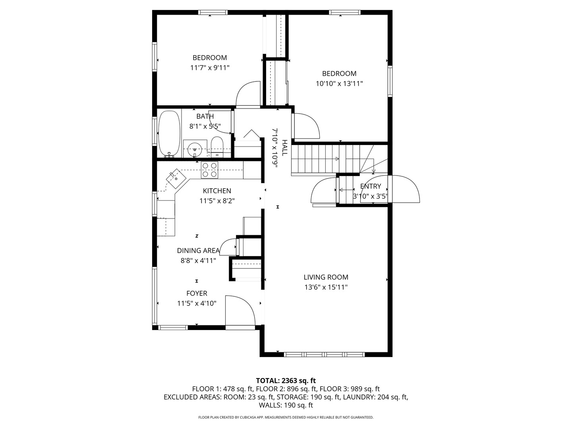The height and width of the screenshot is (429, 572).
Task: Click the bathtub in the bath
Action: [169, 134]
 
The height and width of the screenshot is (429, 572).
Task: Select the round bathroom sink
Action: [195, 149]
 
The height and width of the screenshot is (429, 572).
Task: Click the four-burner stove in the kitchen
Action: [209, 170]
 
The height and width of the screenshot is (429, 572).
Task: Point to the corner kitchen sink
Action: [176, 178]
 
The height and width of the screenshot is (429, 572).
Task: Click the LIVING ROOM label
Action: [326, 277]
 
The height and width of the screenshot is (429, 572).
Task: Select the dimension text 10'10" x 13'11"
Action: [339, 84]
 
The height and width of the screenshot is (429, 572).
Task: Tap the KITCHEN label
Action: [217, 191]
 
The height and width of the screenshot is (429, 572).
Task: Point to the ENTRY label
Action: [370, 186]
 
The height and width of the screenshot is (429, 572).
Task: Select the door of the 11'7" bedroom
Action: [247, 94]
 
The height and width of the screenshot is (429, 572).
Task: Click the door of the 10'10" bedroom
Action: [306, 126]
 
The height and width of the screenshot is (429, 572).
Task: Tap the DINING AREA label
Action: [198, 251]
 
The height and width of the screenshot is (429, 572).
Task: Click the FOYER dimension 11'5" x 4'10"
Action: [197, 303]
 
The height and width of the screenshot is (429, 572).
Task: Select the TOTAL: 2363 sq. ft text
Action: [286, 381]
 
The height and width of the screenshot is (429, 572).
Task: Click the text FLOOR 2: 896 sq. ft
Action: [286, 389]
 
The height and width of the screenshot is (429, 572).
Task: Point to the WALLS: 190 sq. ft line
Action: [286, 405]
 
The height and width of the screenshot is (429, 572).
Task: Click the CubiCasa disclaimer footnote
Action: [286, 417]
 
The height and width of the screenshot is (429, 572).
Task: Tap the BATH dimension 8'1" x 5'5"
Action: [205, 127]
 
